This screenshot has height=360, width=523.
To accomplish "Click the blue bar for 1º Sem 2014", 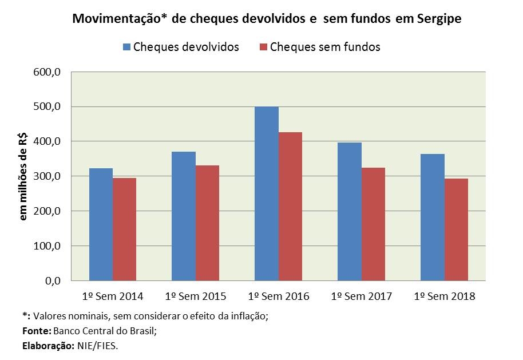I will tap(101, 224).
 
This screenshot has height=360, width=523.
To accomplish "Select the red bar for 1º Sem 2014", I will tap(124, 229).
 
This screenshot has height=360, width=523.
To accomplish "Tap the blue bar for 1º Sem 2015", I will tap(184, 216).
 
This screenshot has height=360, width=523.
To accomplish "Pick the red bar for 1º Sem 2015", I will tap(207, 223).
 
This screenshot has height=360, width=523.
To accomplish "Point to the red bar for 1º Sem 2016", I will tap(290, 206).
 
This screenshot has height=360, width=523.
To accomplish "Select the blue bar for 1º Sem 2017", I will tap(350, 211).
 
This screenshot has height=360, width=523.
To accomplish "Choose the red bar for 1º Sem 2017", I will tap(373, 224).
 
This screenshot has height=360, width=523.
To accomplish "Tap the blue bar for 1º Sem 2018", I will tap(433, 217).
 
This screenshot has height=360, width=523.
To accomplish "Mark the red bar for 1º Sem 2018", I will tap(456, 230).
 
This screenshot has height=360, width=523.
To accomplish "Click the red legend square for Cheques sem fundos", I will tap(263, 47).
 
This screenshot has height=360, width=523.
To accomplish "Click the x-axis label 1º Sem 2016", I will tap(279, 296).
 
